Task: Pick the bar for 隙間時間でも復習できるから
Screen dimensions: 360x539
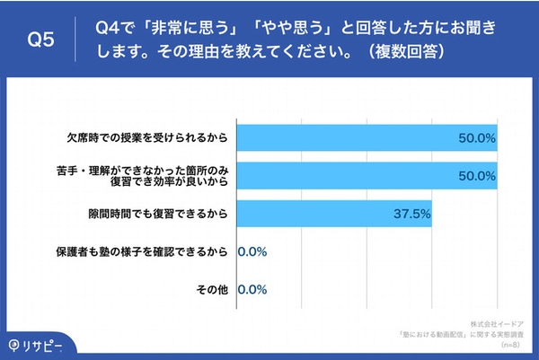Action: pos(334,214)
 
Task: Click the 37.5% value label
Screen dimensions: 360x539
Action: pos(412,214)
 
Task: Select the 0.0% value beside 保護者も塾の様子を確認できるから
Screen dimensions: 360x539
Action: pos(252,251)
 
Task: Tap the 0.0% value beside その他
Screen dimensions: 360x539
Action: pos(252,289)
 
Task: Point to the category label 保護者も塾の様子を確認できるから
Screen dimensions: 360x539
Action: pos(144,251)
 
